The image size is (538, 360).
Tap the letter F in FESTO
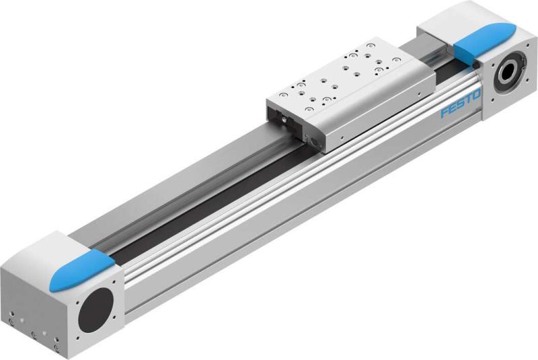click(x=445, y=113)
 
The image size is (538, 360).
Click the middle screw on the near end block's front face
click(x=32, y=333)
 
